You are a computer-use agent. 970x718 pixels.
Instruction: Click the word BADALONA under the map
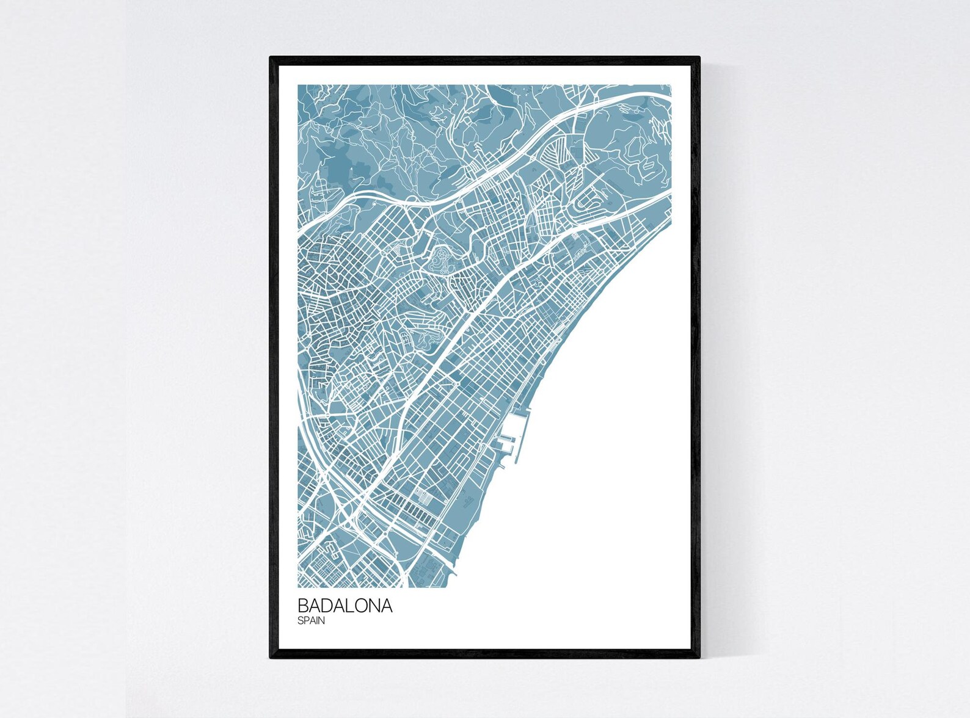pos(345,606)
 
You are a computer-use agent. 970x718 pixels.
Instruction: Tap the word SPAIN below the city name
pos(312,621)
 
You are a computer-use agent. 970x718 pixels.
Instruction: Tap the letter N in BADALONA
pos(377,606)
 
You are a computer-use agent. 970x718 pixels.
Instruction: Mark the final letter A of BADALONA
pos(387,606)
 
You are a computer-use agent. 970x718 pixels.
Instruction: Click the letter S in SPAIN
pos(301,621)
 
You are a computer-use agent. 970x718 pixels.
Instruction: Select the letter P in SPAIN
pos(307,621)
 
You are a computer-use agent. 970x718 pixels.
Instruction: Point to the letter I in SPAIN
pos(318,621)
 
